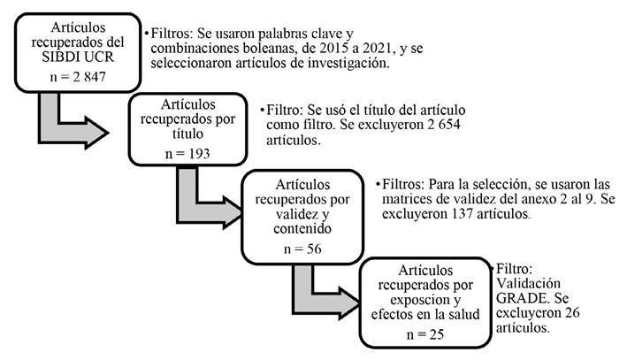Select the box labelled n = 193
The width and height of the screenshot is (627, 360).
pyautogui.click(x=187, y=130)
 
